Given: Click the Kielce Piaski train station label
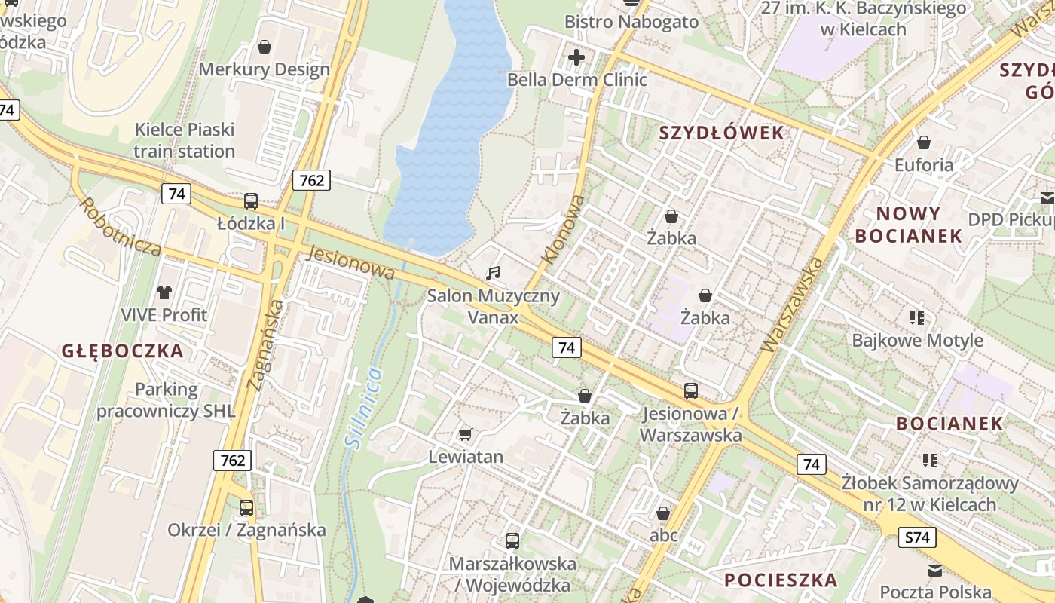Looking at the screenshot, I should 185,140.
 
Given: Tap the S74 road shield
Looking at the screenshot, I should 918,537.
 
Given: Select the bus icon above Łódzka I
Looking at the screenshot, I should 251,201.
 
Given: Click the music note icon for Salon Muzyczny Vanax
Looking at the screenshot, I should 493,273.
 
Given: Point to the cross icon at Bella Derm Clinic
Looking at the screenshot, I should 576,57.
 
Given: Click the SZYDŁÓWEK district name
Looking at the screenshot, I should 721,133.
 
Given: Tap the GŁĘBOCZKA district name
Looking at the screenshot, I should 123,351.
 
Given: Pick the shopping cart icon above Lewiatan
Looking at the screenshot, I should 466,434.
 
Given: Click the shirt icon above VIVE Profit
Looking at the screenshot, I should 164,292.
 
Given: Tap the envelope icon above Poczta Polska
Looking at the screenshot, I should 935,571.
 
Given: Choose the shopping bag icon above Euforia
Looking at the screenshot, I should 923,142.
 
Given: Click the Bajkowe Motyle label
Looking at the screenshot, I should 917,341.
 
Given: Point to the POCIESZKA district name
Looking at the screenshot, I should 781,580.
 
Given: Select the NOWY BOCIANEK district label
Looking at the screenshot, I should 908,225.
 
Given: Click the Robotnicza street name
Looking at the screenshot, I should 120,227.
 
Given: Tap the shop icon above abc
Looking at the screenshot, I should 663,513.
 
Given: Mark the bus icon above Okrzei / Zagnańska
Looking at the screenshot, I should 246,507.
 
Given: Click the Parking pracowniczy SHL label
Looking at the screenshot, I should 166,400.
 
